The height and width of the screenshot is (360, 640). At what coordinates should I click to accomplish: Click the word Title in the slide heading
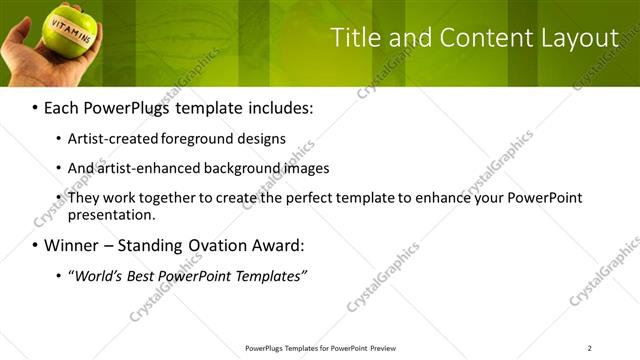coord(354,39)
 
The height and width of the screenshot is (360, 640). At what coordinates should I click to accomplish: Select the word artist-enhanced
coord(147,168)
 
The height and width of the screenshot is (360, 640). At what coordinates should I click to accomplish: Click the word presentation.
coord(111,214)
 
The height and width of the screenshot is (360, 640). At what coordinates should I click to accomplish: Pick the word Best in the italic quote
coord(143,275)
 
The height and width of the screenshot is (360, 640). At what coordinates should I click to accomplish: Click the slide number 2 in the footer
coord(589,348)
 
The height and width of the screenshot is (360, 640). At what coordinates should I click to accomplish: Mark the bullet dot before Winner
coord(35,245)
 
